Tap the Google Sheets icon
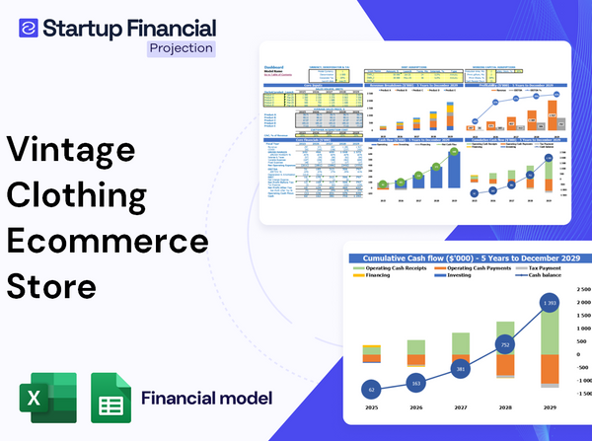pyautogui.click(x=111, y=399)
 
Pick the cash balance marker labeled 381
pyautogui.click(x=459, y=369)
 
